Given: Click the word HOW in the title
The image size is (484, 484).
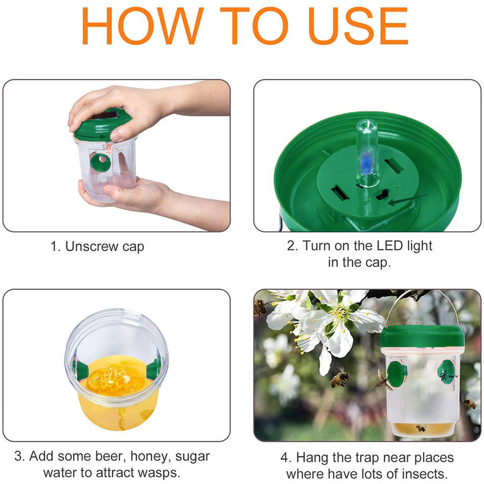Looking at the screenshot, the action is [x=143, y=26].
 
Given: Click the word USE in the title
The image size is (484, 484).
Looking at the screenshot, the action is [x=358, y=26].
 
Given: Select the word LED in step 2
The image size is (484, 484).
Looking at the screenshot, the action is [x=390, y=246].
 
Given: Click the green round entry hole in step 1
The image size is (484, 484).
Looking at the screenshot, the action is [x=101, y=162].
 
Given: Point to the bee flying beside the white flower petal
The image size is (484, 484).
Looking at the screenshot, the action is [x=340, y=379].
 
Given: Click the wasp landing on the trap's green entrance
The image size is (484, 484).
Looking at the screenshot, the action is [x=383, y=380].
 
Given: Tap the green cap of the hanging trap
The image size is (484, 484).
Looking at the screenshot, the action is [x=422, y=337].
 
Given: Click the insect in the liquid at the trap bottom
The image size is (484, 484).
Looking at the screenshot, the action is [x=421, y=428].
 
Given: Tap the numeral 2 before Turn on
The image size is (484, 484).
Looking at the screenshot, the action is [x=291, y=246].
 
